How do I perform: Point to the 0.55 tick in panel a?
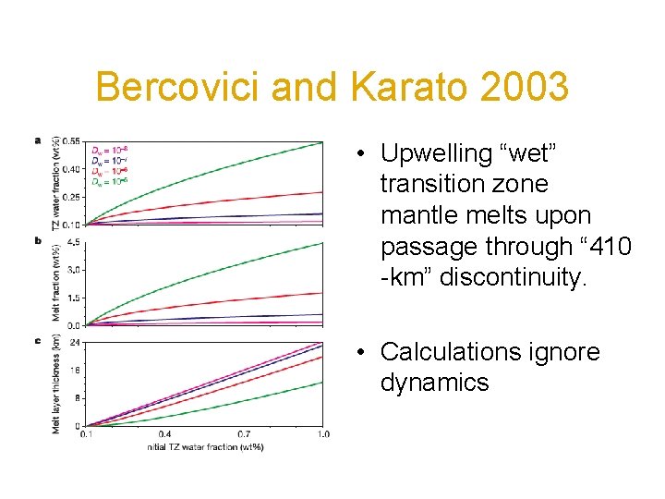(x=71, y=140)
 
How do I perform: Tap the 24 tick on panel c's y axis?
(x=75, y=343)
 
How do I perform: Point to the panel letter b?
(x=38, y=240)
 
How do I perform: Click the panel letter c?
(x=38, y=340)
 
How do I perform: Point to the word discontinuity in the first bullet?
(x=514, y=278)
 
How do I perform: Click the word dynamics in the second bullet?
(x=435, y=383)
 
